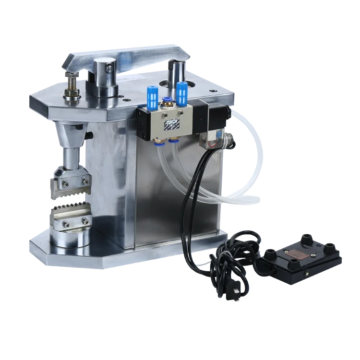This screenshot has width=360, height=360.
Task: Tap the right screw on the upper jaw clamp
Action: pos(86,181)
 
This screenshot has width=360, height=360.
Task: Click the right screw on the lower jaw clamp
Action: pos(85,221)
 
